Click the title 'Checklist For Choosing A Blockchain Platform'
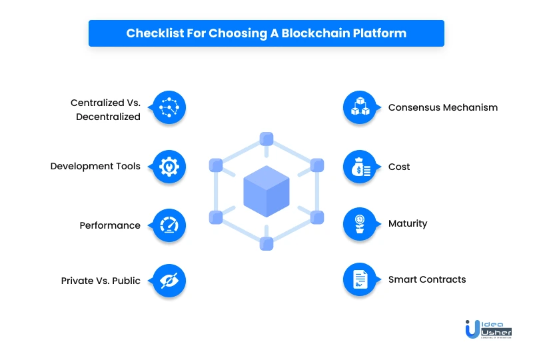[266, 33]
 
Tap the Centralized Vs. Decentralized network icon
[169, 107]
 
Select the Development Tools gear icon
[169, 166]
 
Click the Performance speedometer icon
[169, 225]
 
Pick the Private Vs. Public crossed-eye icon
[169, 281]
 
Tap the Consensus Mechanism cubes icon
[360, 107]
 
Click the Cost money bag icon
[360, 166]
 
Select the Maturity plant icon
[360, 223]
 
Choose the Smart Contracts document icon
[360, 279]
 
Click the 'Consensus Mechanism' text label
[442, 107]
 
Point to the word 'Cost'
[399, 166]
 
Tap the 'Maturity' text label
[408, 223]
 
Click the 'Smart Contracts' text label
[427, 279]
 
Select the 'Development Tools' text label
[95, 166]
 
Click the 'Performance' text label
[110, 225]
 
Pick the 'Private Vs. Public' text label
[101, 281]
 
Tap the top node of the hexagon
[266, 139]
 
